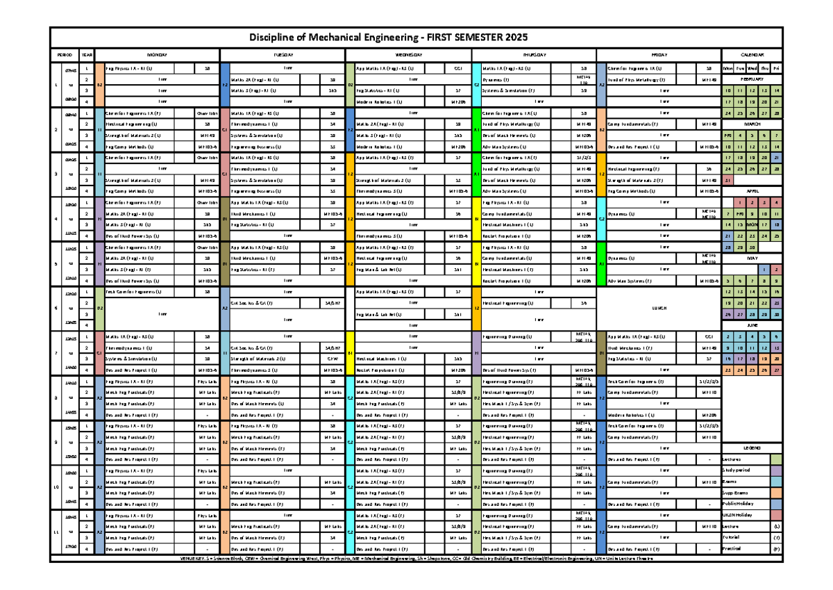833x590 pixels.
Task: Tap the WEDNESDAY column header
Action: pyautogui.click(x=409, y=54)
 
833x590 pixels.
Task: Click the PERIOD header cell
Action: pyautogui.click(x=65, y=54)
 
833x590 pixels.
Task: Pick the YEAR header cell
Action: pyautogui.click(x=86, y=54)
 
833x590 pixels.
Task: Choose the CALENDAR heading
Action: pyautogui.click(x=752, y=54)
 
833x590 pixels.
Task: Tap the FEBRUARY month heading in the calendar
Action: pyautogui.click(x=752, y=80)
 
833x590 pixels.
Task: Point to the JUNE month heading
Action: pyautogui.click(x=752, y=325)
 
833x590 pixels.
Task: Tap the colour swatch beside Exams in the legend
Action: pyautogui.click(x=775, y=481)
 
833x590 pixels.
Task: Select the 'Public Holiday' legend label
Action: pyautogui.click(x=739, y=503)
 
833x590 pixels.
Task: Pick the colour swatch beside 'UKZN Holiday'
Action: pyautogui.click(x=775, y=515)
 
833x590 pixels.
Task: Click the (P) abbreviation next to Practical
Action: pyautogui.click(x=775, y=548)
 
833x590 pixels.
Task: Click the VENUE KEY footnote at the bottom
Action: pyautogui.click(x=416, y=559)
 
